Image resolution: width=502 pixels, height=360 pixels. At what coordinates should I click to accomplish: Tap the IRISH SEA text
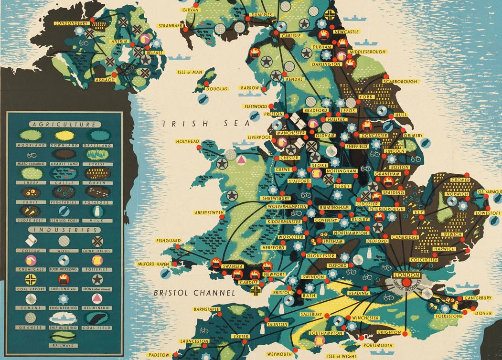pyautogui.click(x=206, y=124)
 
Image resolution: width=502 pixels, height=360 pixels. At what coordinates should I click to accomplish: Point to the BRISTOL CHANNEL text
pyautogui.click(x=194, y=293)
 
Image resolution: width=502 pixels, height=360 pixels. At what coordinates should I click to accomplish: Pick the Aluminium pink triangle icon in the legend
pyautogui.click(x=97, y=298)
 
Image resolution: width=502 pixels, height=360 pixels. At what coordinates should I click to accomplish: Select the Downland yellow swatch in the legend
pyautogui.click(x=64, y=136)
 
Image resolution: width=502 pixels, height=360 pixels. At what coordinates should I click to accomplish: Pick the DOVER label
pyautogui.click(x=483, y=314)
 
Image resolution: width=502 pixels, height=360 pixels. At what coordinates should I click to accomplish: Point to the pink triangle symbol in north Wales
pyautogui.click(x=241, y=159)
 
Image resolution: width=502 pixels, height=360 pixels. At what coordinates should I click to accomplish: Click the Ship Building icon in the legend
pyautogui.click(x=64, y=318)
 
